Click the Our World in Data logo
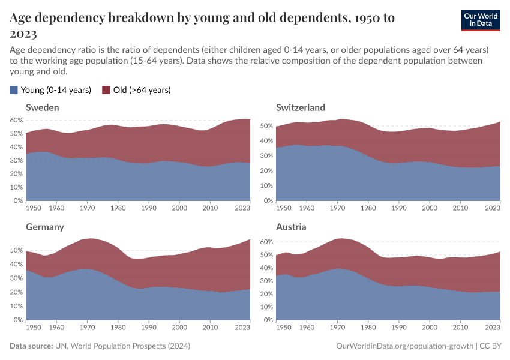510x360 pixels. click(481, 20)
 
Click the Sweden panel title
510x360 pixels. click(42, 107)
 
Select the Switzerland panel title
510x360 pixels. click(300, 107)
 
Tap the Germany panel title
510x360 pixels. click(44, 227)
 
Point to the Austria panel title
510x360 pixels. click(291, 227)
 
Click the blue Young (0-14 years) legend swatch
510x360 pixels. click(14, 90)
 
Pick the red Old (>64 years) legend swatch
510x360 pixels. click(106, 90)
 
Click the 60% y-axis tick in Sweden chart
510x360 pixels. click(16, 120)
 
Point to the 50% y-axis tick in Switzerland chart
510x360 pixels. click(266, 126)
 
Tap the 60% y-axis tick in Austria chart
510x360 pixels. click(266, 242)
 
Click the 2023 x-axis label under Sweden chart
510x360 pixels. click(242, 208)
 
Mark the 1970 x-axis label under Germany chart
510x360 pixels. click(88, 328)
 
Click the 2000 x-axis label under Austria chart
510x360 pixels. click(430, 328)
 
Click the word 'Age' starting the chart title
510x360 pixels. click(23, 18)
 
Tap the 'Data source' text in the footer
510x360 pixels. click(31, 346)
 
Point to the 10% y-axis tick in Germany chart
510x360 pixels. click(16, 306)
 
